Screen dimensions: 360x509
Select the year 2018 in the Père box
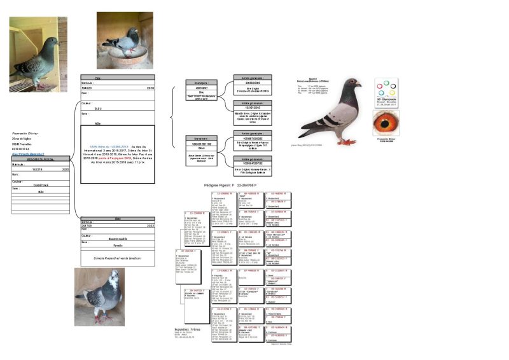(x=150, y=88)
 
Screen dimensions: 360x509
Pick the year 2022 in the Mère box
(x=150, y=225)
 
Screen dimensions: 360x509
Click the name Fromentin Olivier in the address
(x=26, y=134)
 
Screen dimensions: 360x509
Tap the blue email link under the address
(x=26, y=154)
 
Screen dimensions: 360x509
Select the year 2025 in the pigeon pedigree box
(x=65, y=170)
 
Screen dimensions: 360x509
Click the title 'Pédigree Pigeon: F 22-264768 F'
(x=234, y=184)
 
